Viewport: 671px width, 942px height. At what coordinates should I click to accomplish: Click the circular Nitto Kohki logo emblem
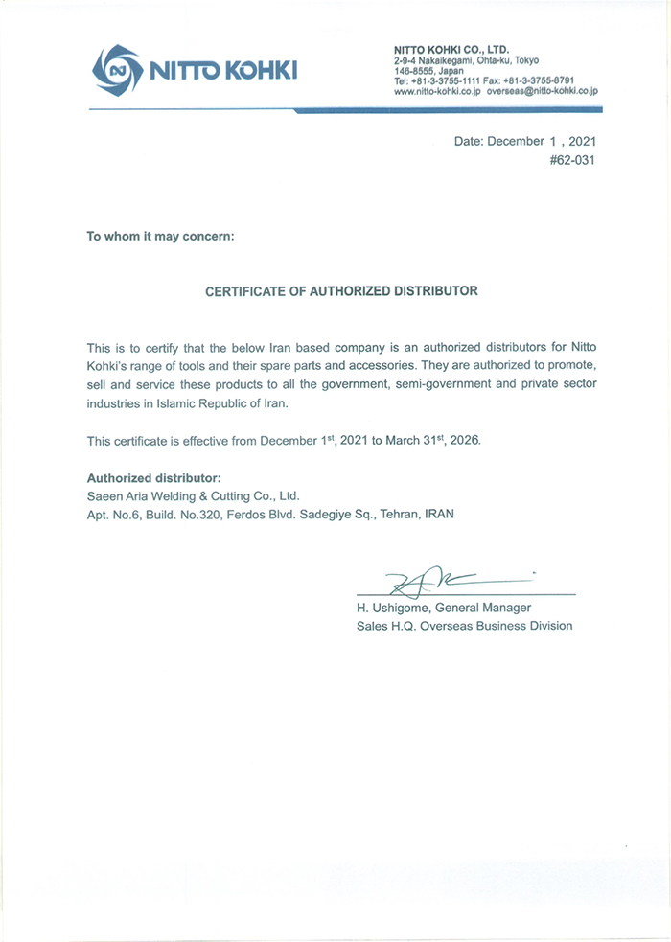coord(116,68)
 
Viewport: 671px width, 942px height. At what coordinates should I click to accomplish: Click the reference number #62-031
coord(571,161)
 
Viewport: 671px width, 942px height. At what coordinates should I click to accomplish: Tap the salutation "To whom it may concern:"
coord(159,236)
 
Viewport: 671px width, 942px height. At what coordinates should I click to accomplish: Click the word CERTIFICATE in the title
coord(248,290)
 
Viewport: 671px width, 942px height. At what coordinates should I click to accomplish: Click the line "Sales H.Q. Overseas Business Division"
coord(464,626)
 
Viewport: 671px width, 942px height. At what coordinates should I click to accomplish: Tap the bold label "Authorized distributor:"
coord(154,477)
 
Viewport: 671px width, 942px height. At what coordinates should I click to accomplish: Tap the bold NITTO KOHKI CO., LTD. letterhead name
coord(451,49)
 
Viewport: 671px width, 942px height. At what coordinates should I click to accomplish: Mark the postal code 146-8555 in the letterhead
coord(412,71)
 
